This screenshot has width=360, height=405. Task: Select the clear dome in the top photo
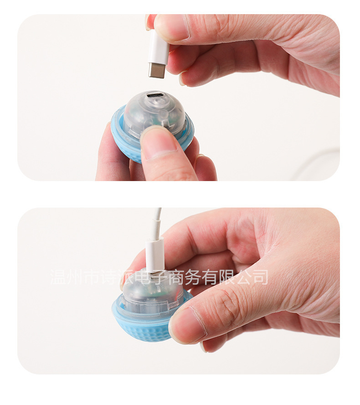(154, 114)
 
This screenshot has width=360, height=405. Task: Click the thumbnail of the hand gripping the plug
(171, 28)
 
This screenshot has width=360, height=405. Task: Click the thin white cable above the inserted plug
(157, 222)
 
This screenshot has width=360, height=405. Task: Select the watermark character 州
(75, 277)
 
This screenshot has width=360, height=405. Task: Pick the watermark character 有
(210, 277)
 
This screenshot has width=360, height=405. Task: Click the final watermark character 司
(260, 277)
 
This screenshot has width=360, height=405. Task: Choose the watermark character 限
(226, 277)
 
